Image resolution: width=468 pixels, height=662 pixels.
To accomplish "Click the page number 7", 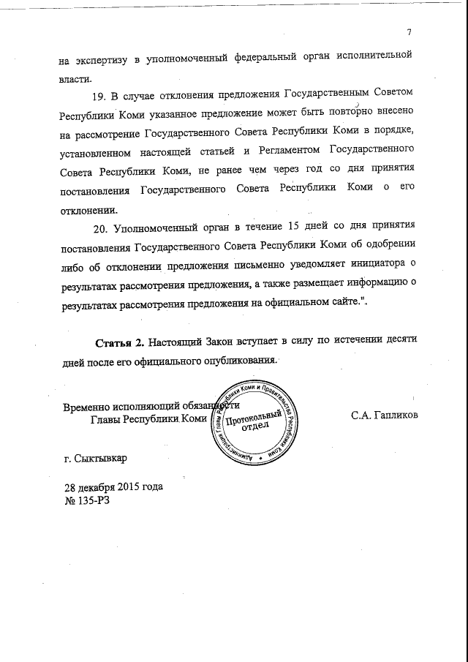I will pos(410,31).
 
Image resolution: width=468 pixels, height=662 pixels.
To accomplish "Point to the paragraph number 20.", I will pos(102,227).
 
